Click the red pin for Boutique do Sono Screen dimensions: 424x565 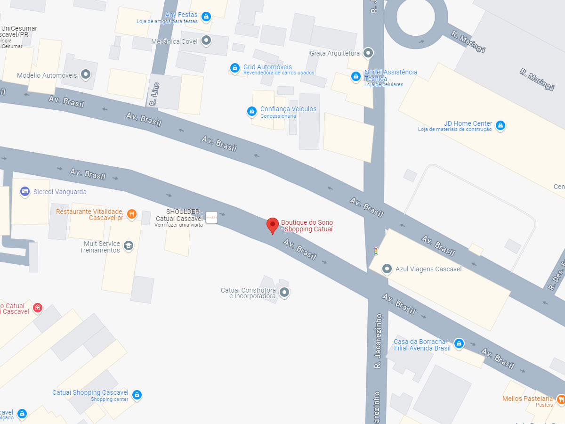(x=272, y=225)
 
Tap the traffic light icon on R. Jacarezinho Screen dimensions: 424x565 (x=376, y=251)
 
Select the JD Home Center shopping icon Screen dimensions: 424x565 (x=500, y=126)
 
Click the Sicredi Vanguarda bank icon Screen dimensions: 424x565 (x=24, y=192)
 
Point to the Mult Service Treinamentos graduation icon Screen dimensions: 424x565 (x=128, y=246)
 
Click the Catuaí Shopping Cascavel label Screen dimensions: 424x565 (x=90, y=392)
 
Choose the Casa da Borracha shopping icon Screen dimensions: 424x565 (x=459, y=344)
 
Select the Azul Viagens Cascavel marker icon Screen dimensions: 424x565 (x=387, y=269)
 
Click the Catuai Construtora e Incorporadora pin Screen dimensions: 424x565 (x=284, y=293)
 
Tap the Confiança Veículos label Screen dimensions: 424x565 (x=288, y=109)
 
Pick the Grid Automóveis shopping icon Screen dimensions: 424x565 (x=234, y=68)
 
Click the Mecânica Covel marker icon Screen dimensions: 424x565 (x=206, y=41)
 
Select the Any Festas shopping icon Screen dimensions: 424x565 (x=206, y=17)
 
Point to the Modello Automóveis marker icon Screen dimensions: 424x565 (x=85, y=74)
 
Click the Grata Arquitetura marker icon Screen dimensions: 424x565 (x=368, y=53)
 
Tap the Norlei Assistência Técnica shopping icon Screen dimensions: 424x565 (x=355, y=77)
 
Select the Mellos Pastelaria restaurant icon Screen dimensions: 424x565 (x=561, y=400)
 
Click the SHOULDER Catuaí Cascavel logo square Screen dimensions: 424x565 (x=212, y=217)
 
